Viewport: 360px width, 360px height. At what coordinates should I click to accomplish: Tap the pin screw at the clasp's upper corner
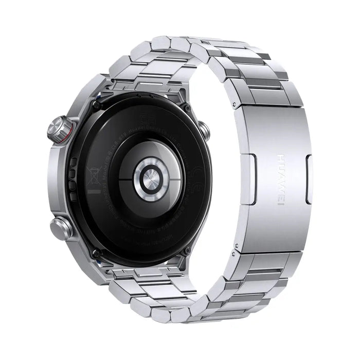tap(234, 104)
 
